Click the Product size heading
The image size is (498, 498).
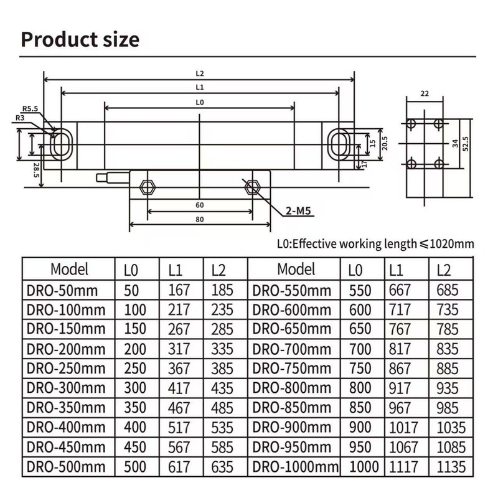(80, 39)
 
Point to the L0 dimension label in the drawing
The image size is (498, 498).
(199, 101)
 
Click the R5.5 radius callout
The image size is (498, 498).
(30, 108)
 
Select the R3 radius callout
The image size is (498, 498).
(20, 117)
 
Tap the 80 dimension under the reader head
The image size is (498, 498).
(199, 219)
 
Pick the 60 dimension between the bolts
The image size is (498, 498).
(199, 205)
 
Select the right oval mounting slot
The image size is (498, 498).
(340, 144)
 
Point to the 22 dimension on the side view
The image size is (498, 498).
(425, 94)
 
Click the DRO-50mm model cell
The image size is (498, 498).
(62, 289)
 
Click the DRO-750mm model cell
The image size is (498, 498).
(292, 368)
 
